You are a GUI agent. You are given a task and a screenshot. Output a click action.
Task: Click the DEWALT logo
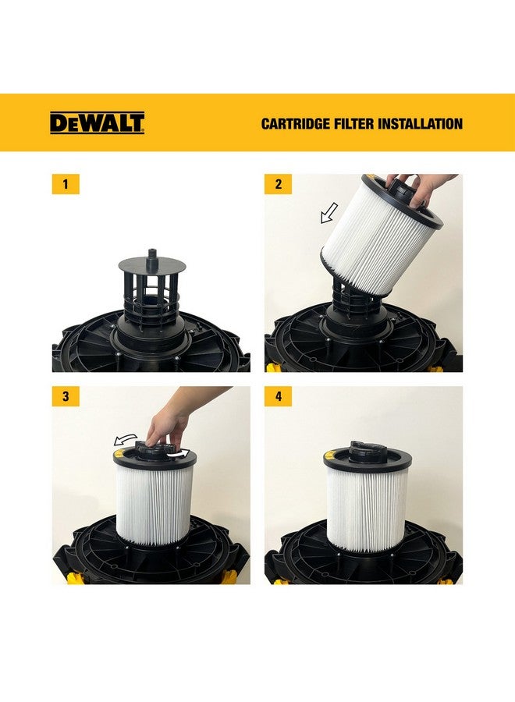(x=97, y=123)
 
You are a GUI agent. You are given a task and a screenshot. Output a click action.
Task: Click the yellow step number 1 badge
(x=66, y=185)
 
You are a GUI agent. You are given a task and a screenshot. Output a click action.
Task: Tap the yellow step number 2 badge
(x=278, y=185)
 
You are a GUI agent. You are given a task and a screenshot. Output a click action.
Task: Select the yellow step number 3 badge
(x=66, y=397)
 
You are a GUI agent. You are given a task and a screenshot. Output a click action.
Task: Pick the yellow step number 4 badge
(x=278, y=397)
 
